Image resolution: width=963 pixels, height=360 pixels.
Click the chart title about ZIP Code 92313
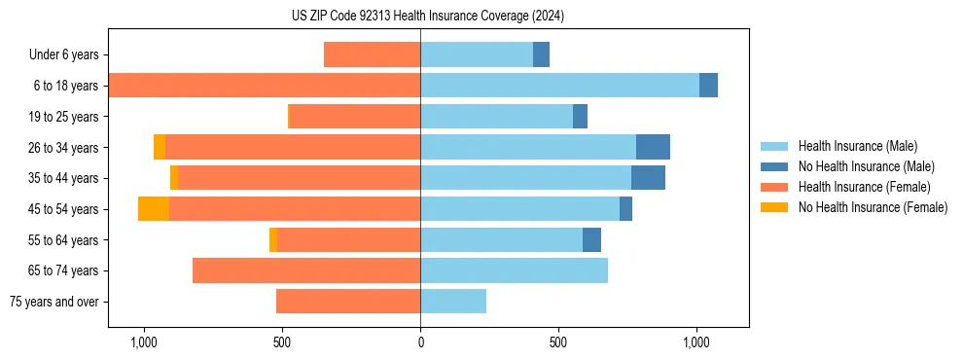click(428, 16)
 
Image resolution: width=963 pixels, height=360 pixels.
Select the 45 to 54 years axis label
click(63, 209)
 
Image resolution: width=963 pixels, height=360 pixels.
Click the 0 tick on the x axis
click(420, 342)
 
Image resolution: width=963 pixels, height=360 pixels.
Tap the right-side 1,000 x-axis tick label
click(696, 342)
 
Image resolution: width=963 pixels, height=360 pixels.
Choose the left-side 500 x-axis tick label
click(282, 342)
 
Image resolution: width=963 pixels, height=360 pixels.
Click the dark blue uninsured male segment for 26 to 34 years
click(653, 147)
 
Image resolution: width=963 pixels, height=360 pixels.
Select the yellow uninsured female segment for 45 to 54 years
click(154, 209)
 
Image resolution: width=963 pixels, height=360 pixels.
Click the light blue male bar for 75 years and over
click(453, 302)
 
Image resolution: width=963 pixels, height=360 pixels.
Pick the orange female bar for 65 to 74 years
click(306, 270)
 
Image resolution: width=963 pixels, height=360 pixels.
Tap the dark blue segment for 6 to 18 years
click(708, 86)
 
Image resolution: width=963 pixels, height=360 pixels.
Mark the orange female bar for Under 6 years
click(372, 54)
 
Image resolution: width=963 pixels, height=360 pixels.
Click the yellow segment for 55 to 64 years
click(273, 240)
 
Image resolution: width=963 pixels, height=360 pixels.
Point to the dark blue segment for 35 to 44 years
click(648, 178)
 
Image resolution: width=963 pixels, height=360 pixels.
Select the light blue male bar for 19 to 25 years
click(496, 117)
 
